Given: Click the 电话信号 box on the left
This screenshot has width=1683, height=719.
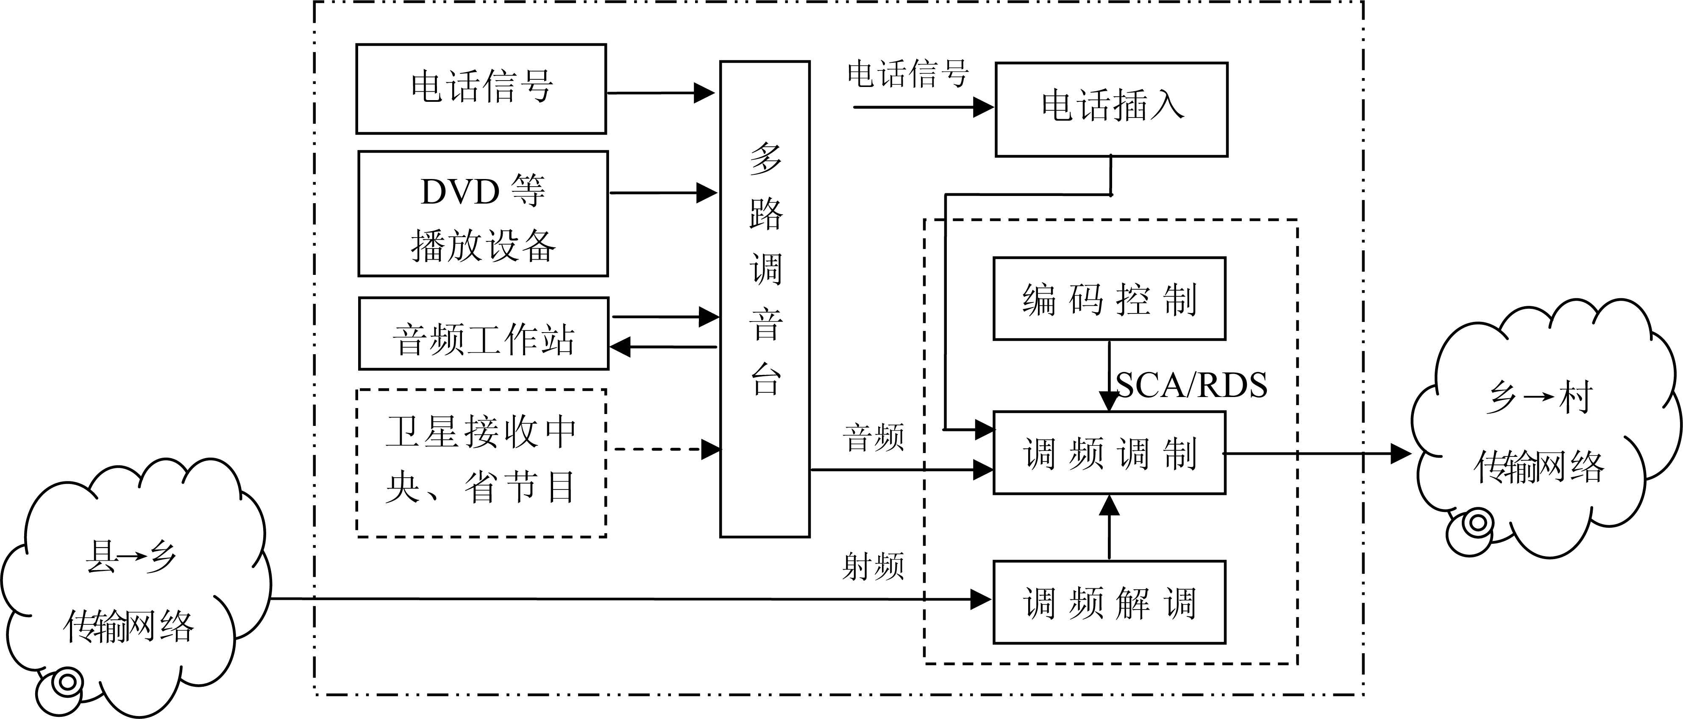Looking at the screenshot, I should click(x=481, y=89).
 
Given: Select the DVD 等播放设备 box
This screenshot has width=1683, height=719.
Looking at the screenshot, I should click(x=483, y=214).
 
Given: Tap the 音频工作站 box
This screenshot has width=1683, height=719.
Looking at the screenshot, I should click(x=484, y=334).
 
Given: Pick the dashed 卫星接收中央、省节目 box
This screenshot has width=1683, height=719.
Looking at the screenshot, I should click(x=481, y=463).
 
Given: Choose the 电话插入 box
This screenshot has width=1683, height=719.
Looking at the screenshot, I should click(x=1111, y=109).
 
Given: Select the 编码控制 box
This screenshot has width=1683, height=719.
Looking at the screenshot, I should click(x=1109, y=299).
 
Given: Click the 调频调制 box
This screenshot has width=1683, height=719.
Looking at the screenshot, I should click(x=1109, y=452).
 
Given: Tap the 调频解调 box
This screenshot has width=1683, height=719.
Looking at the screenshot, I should click(x=1109, y=602).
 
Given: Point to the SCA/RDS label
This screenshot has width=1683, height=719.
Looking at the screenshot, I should click(x=1191, y=385).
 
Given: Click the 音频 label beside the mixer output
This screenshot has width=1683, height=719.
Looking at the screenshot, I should click(x=873, y=438).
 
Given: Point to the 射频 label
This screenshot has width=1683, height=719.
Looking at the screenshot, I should click(x=873, y=566).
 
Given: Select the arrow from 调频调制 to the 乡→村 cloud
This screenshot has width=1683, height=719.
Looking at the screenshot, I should click(x=1316, y=452).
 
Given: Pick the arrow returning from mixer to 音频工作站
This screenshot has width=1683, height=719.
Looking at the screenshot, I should click(x=663, y=347).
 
